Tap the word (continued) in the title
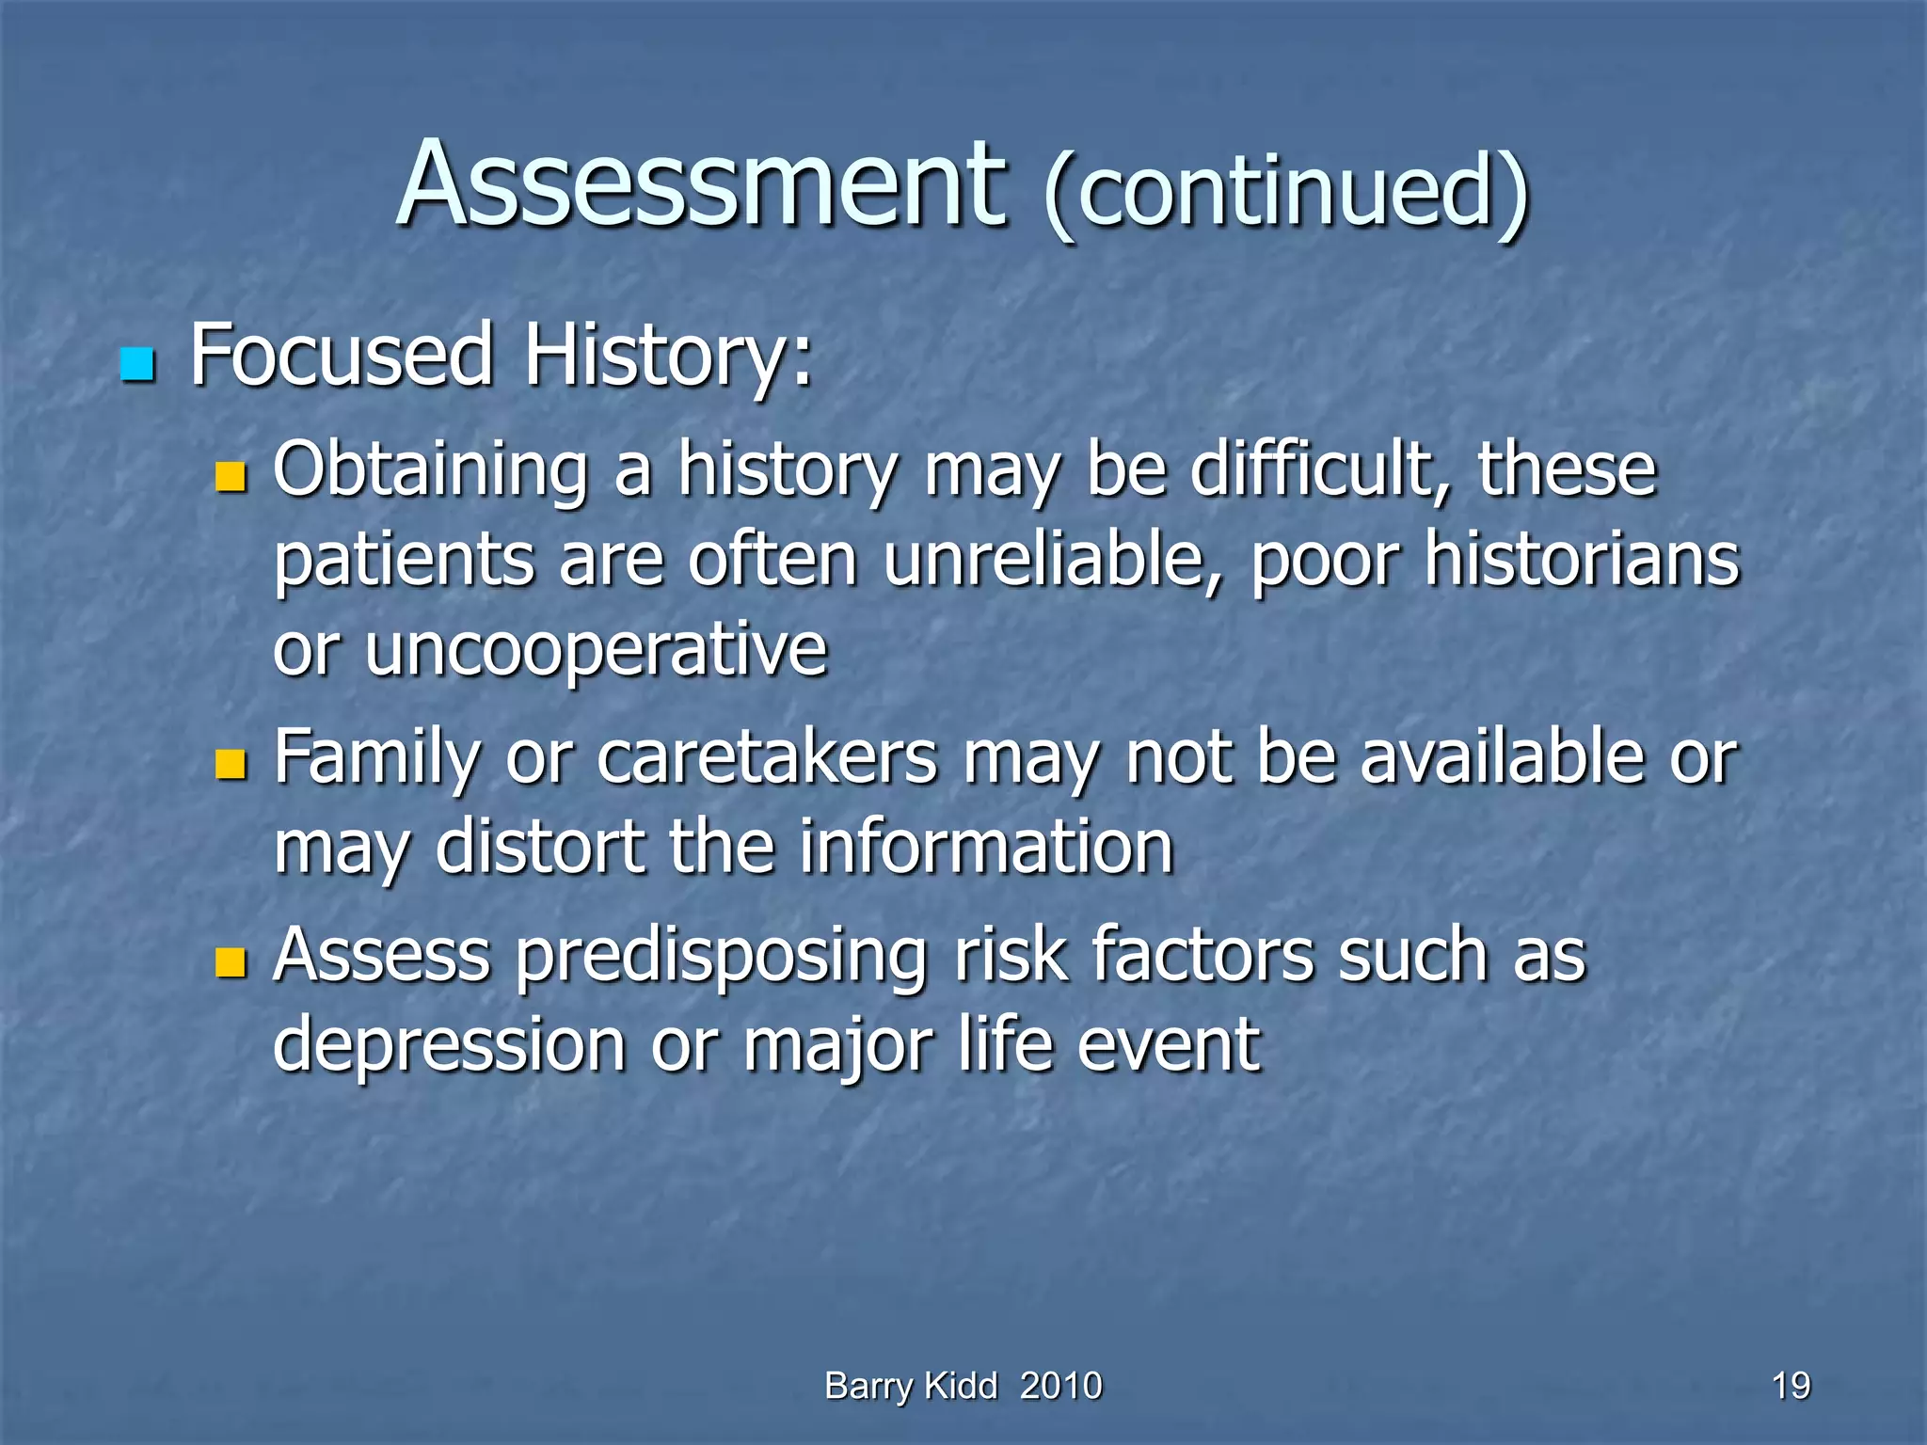[1286, 193]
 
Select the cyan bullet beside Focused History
[137, 365]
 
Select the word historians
[1581, 561]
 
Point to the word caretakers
[767, 758]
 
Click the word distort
[540, 848]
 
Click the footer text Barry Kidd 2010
[963, 1386]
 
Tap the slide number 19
[1791, 1386]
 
